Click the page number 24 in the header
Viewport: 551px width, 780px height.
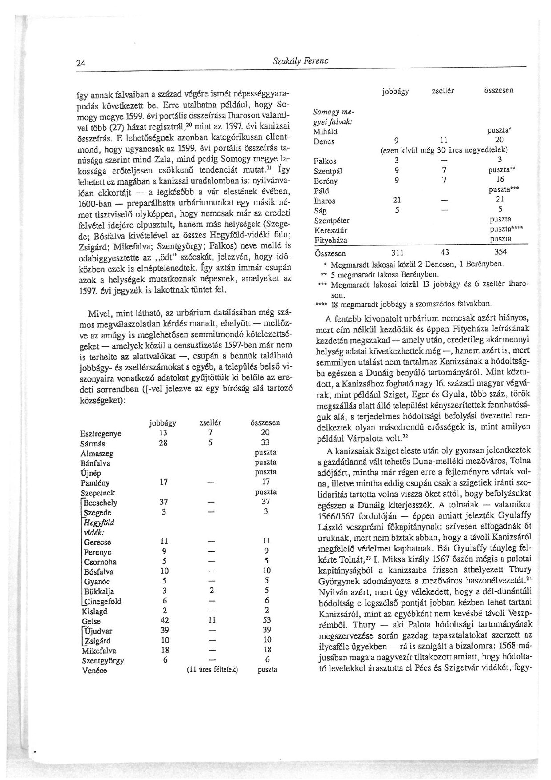click(80, 63)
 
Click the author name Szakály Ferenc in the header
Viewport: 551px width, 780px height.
click(300, 61)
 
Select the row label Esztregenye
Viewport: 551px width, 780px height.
click(101, 434)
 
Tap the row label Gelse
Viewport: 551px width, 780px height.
click(91, 621)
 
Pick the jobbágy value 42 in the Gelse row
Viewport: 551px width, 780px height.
click(164, 620)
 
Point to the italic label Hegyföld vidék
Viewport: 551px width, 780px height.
click(99, 527)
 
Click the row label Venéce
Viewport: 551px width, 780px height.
click(94, 671)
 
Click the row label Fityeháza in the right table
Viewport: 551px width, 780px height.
click(330, 240)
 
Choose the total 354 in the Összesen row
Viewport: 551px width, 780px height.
click(501, 253)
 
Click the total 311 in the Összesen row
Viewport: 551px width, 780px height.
click(397, 253)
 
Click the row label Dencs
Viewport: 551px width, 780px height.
click(324, 141)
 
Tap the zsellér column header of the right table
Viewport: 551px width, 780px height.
click(442, 91)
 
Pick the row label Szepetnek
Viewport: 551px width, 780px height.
click(97, 493)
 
